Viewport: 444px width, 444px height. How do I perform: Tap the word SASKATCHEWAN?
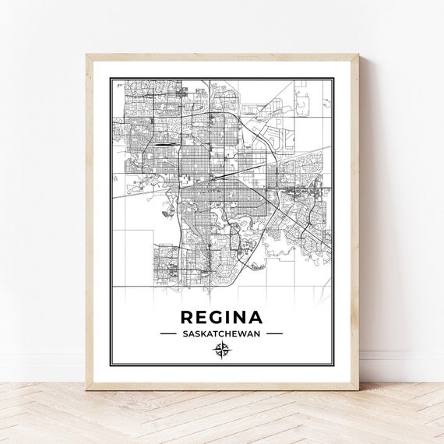click(x=221, y=333)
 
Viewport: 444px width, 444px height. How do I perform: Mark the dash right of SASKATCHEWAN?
click(x=274, y=333)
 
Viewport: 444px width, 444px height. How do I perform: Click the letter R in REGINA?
click(x=187, y=318)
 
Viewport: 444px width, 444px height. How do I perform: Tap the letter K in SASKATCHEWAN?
click(x=200, y=333)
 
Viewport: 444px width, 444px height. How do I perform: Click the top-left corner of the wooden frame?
click(x=86, y=55)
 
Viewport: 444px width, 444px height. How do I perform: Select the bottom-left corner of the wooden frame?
click(x=86, y=382)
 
